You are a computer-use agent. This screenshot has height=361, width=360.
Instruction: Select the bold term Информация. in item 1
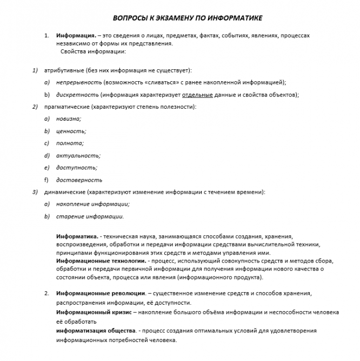click(76, 35)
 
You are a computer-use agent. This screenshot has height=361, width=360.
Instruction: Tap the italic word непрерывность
click(79, 82)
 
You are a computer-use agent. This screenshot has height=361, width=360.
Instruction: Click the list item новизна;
click(69, 119)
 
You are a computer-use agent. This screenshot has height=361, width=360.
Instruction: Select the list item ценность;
click(71, 131)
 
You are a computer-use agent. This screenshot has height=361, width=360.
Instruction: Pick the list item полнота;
click(70, 143)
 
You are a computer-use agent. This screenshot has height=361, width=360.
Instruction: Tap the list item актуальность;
click(78, 155)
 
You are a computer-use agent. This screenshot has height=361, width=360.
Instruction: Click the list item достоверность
click(79, 180)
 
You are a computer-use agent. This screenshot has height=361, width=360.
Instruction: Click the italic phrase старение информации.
click(90, 216)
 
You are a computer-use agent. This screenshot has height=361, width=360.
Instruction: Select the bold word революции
click(124, 293)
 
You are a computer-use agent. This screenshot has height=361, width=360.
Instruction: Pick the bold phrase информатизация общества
click(95, 330)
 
